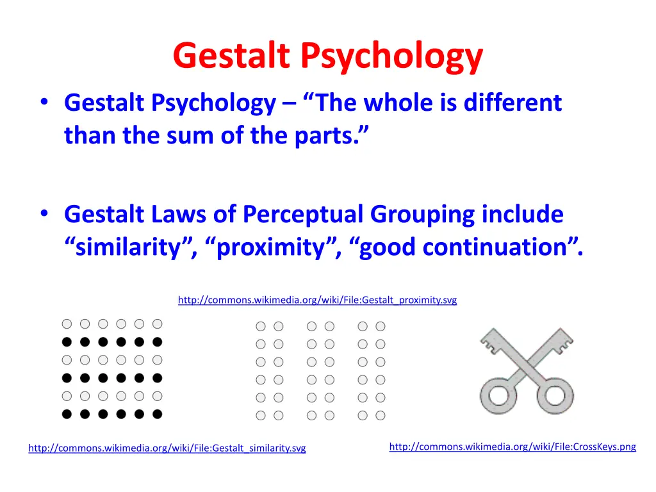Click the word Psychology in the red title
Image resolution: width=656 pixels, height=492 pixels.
point(392,57)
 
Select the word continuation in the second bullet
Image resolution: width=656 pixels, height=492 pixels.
point(500,247)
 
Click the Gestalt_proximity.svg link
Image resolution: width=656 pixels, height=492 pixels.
point(317,300)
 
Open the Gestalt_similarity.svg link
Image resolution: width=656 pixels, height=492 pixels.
point(167,448)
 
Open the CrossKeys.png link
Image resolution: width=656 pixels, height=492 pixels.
point(512,447)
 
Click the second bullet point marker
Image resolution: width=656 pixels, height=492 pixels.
point(43,215)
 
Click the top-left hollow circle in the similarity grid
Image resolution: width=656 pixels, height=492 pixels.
point(67,324)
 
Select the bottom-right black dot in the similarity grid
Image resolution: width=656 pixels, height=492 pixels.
point(158,414)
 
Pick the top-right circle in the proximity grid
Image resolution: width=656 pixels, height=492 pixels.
point(381,326)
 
